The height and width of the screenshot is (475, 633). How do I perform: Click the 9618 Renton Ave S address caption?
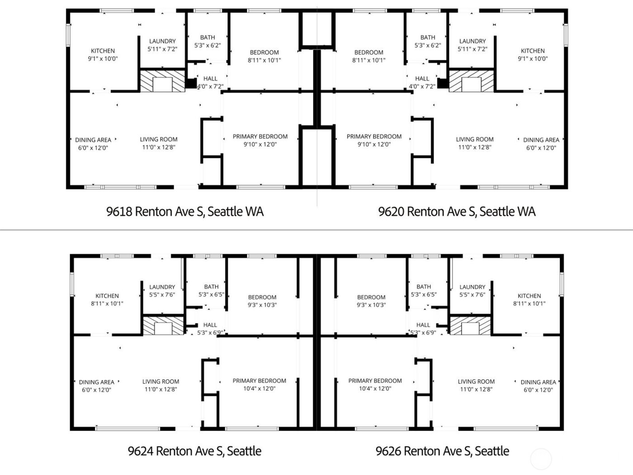click(185, 211)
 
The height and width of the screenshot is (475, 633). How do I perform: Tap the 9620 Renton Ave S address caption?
click(457, 211)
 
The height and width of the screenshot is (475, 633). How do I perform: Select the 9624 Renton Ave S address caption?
click(195, 451)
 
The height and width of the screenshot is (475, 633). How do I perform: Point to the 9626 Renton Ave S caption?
click(442, 451)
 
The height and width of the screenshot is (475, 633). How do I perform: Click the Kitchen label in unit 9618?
click(103, 51)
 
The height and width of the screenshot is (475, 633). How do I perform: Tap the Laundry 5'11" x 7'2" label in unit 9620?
click(472, 45)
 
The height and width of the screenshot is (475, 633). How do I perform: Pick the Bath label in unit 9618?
click(208, 37)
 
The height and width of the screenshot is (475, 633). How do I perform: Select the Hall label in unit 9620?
click(422, 78)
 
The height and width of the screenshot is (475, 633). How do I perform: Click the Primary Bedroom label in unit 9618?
click(260, 137)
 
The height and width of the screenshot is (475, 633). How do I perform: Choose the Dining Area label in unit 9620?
click(541, 140)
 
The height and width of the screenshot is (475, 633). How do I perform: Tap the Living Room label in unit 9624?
click(161, 381)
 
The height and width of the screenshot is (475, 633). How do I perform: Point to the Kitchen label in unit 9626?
click(529, 295)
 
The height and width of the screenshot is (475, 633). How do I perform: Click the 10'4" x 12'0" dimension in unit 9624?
click(260, 389)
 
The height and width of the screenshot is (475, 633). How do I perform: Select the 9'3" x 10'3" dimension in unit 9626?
click(371, 305)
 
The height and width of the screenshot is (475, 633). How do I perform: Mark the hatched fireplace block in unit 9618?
click(162, 81)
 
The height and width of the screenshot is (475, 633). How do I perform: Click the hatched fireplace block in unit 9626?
click(470, 326)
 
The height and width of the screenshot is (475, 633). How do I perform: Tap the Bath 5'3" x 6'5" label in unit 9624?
click(212, 290)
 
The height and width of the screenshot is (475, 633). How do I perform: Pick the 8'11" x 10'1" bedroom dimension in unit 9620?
click(369, 60)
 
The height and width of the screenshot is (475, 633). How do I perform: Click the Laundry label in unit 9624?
click(162, 287)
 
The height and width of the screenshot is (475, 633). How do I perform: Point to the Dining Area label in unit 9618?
click(93, 140)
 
